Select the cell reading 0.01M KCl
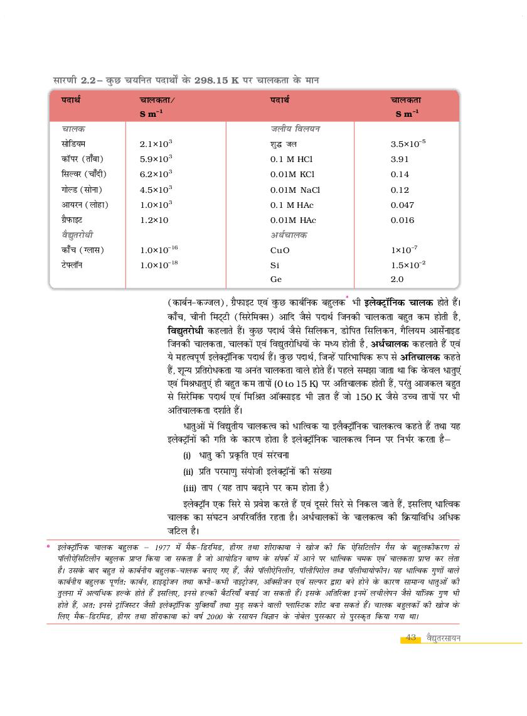(x=292, y=175)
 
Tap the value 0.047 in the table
(x=402, y=205)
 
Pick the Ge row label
(x=276, y=279)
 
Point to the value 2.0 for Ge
(x=397, y=279)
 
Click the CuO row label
(x=280, y=250)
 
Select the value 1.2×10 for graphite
(x=154, y=220)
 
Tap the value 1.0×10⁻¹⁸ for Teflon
(x=159, y=265)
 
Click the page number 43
(x=411, y=637)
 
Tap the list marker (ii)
(x=188, y=471)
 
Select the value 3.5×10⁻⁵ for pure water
(x=408, y=144)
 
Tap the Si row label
(x=274, y=265)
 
